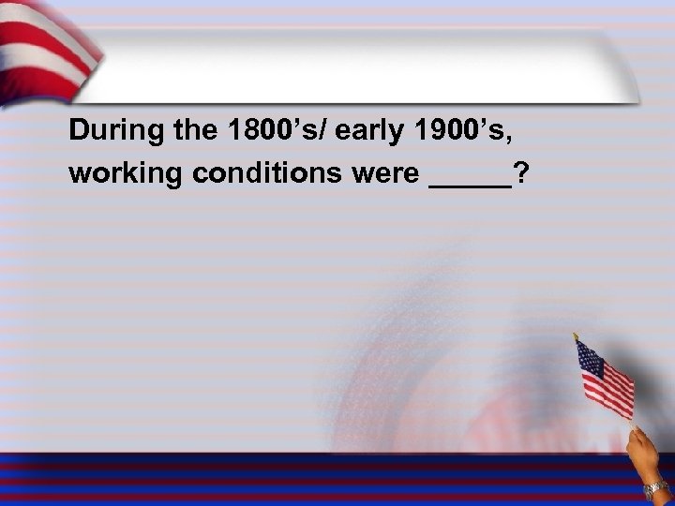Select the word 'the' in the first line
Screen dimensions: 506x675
(x=187, y=132)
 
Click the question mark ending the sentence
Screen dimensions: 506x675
(x=519, y=174)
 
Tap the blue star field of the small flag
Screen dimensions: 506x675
(x=589, y=357)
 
